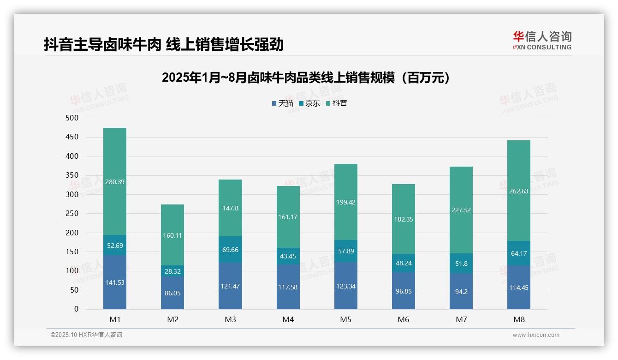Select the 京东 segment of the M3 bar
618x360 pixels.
[x=230, y=249]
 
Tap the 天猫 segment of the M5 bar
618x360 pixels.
[x=346, y=286]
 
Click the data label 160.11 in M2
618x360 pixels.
[x=172, y=235]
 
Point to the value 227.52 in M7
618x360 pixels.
[x=461, y=210]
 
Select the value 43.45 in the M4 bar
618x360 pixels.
[x=288, y=256]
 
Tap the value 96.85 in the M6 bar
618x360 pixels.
[x=404, y=292]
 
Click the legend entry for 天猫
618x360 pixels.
[x=282, y=103]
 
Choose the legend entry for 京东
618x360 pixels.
[x=309, y=103]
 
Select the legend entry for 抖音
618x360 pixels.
[x=336, y=103]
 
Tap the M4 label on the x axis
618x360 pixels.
[x=288, y=319]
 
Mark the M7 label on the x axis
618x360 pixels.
[x=461, y=319]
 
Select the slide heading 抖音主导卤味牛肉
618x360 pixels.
[x=164, y=45]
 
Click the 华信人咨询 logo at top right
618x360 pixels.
[x=542, y=40]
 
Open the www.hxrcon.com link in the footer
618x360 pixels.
[x=536, y=335]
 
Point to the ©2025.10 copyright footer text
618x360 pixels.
[x=86, y=335]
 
